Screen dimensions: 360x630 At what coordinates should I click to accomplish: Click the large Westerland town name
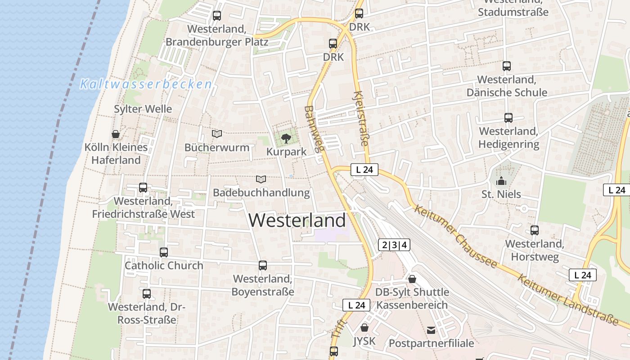[297, 220]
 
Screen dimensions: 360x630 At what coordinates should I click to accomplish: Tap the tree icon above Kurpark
[286, 138]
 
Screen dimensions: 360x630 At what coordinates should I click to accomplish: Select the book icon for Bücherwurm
[217, 134]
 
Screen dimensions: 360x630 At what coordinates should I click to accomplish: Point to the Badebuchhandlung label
[261, 193]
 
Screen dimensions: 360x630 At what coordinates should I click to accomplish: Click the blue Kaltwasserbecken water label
[146, 84]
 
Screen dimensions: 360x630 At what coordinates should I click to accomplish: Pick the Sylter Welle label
[143, 109]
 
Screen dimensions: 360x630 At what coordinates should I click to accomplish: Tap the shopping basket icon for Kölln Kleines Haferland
[116, 134]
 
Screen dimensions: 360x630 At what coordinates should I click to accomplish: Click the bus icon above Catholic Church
[164, 252]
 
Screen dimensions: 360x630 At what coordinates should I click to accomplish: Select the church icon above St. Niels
[501, 181]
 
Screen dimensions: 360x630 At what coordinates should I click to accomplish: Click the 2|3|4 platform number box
[394, 245]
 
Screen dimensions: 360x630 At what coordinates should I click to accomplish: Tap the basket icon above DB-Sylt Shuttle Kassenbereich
[412, 279]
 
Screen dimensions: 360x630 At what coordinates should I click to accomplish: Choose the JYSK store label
[364, 341]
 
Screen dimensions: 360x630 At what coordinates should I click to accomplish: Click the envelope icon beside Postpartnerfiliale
[431, 330]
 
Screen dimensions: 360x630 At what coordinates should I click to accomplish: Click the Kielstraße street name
[361, 118]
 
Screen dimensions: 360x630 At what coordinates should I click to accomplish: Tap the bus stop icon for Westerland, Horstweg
[535, 230]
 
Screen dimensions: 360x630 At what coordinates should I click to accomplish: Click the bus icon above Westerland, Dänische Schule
[507, 66]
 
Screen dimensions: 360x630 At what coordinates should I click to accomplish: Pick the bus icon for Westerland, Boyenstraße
[263, 265]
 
